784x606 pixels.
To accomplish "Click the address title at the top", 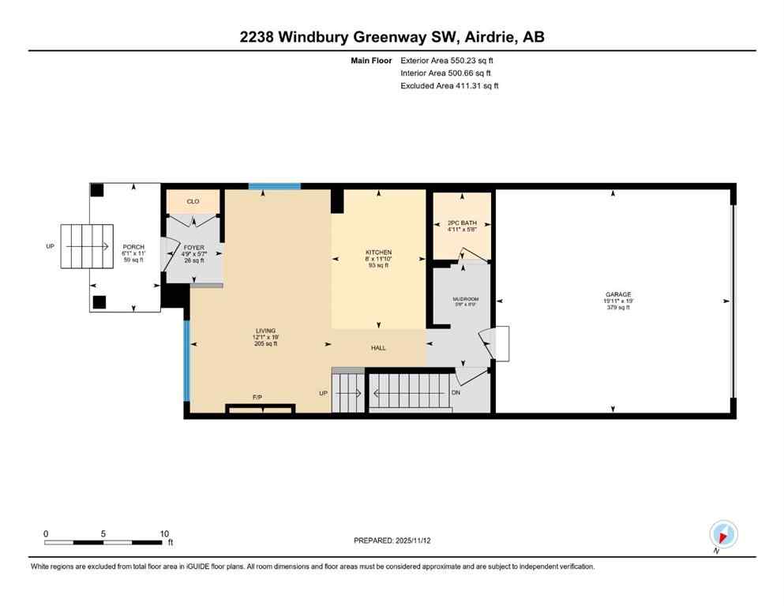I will click(x=392, y=37).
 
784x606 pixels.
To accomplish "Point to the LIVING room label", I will click(x=265, y=331).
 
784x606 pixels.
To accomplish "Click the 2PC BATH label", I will click(x=462, y=223).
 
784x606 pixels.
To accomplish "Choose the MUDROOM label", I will click(x=465, y=299).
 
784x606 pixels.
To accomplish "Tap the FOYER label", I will click(x=194, y=248).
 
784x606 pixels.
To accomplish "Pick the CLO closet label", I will click(x=193, y=202).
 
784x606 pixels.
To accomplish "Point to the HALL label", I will click(x=378, y=348).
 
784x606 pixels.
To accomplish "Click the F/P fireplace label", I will click(x=257, y=398).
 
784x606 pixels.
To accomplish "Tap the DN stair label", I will click(x=456, y=392).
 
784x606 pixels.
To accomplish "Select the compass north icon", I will click(x=723, y=534).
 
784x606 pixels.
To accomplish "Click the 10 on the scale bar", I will click(x=164, y=533).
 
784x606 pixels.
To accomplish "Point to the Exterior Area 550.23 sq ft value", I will click(x=448, y=61).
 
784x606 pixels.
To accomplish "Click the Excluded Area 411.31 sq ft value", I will click(x=449, y=86).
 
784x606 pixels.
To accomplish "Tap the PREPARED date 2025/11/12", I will click(x=391, y=541).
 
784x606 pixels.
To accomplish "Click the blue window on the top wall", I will click(x=275, y=186).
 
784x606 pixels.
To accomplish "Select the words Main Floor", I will click(x=372, y=61).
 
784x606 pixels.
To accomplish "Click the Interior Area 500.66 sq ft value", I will click(x=445, y=73).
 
